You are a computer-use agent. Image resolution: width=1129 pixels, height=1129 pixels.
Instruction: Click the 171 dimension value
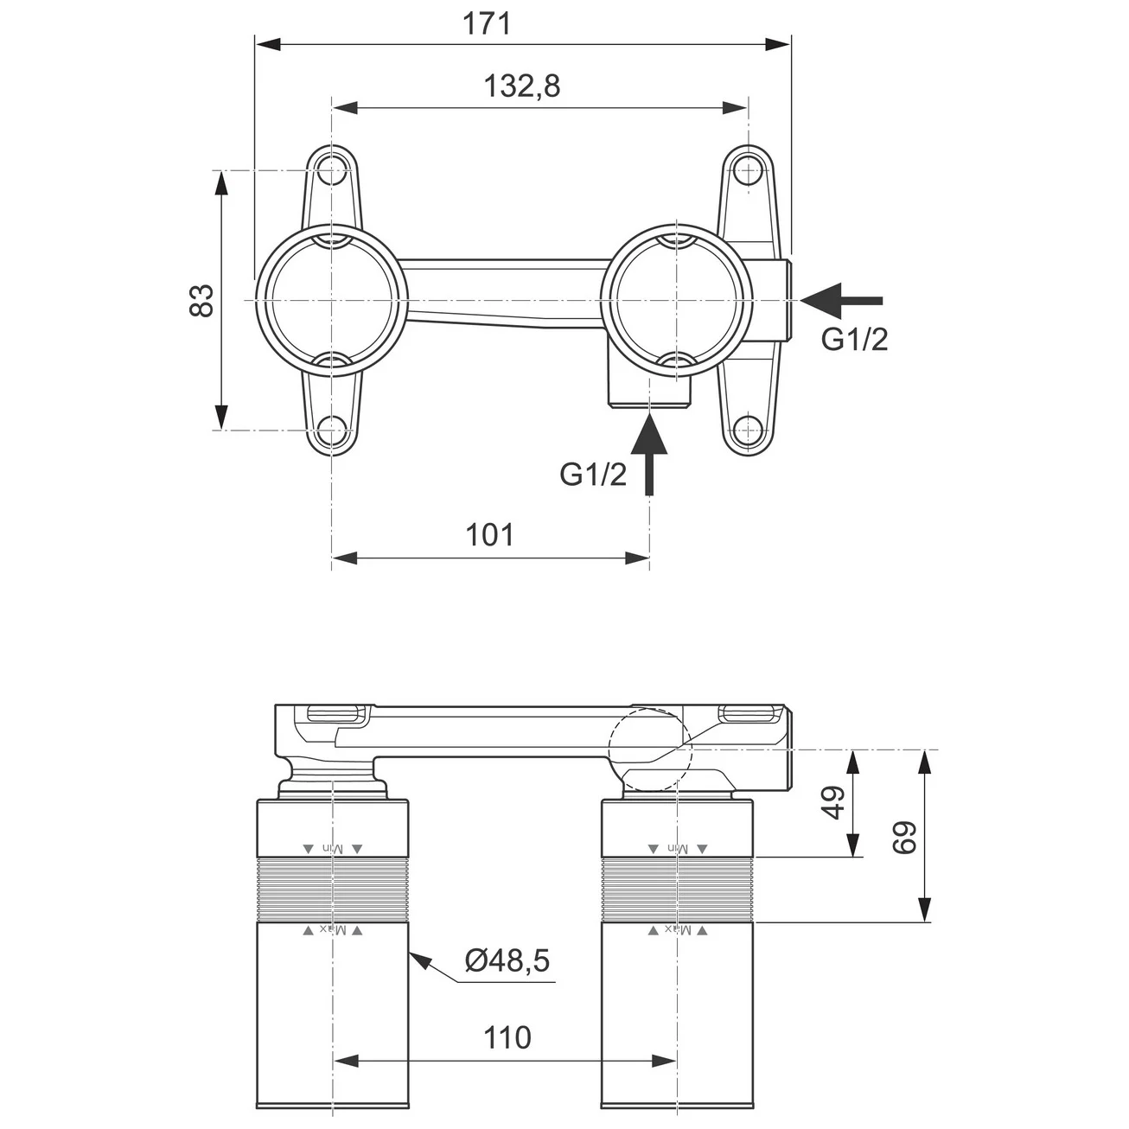tap(487, 23)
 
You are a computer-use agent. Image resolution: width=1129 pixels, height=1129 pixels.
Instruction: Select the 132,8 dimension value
tap(521, 86)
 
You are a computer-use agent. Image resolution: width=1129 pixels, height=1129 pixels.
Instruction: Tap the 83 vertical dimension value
tap(201, 300)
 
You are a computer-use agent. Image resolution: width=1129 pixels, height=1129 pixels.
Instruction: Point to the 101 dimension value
tap(490, 535)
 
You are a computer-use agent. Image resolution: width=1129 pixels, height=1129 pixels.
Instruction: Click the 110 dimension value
tap(507, 1037)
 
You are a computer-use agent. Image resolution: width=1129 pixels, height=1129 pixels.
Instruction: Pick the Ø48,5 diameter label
tap(507, 961)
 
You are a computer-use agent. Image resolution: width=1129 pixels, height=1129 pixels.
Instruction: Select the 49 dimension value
tap(832, 803)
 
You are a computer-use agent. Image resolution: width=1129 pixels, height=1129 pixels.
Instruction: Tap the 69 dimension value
tap(904, 837)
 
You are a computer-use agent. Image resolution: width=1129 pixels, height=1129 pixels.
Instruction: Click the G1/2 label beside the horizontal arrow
tap(854, 340)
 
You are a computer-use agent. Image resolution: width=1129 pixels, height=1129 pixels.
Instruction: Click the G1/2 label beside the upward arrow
tap(593, 475)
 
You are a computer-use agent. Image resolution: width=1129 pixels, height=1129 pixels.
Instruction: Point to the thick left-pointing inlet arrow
tap(840, 300)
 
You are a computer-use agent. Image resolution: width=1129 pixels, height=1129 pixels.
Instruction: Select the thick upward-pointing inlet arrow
tap(650, 453)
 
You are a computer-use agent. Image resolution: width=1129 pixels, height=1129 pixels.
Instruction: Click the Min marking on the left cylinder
tap(332, 849)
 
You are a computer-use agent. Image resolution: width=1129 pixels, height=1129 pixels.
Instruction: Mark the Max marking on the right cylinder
tap(678, 930)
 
